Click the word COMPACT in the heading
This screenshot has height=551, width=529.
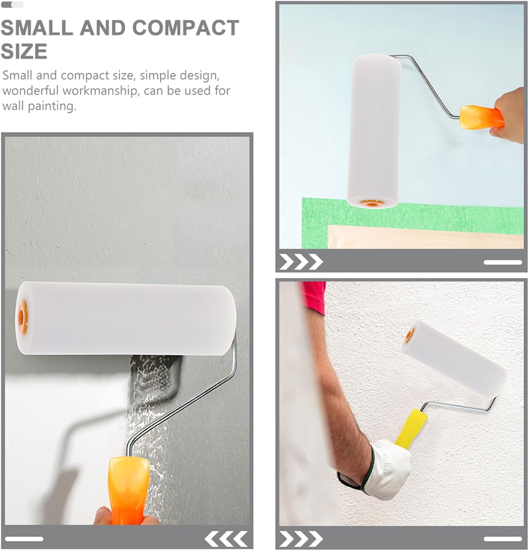click(185, 28)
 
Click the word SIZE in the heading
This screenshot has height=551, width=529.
click(24, 51)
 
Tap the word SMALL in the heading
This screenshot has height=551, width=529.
click(37, 28)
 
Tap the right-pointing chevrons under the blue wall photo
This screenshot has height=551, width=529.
click(301, 262)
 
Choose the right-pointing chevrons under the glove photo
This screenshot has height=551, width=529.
click(301, 539)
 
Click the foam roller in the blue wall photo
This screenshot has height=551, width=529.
click(374, 130)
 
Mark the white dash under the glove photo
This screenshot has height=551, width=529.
click(503, 539)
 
